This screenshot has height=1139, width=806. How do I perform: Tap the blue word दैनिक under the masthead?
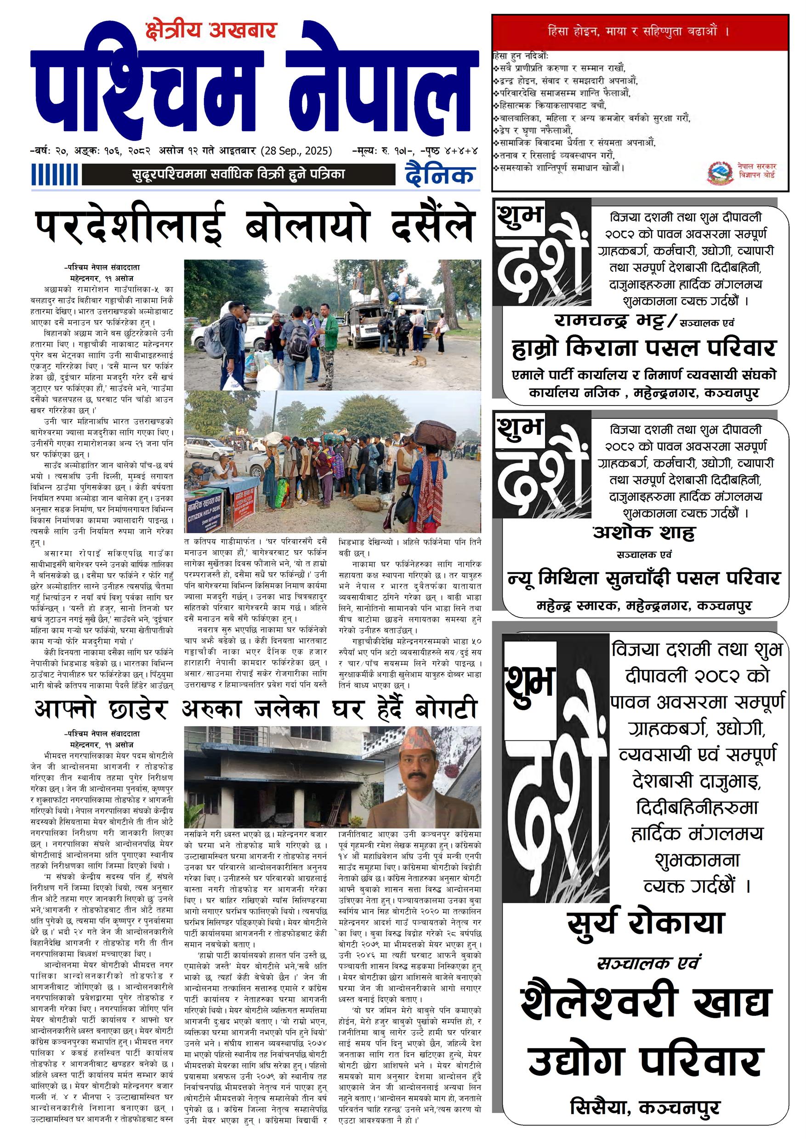coord(440,175)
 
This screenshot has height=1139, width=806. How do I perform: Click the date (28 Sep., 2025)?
coord(296,151)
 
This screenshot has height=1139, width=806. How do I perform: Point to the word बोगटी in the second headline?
coord(446,710)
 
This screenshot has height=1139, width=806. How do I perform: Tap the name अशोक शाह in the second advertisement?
coord(644,533)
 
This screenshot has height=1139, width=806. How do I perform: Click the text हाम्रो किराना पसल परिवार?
coord(643,349)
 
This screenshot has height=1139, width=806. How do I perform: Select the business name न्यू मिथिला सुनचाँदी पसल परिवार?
coord(644,578)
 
